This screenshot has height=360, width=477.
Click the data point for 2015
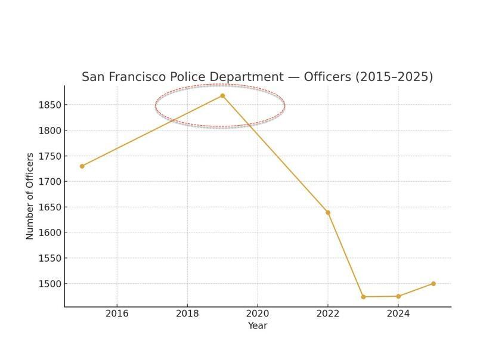coord(82,166)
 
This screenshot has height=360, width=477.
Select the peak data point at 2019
coord(222,95)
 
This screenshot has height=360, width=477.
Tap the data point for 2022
coord(328,213)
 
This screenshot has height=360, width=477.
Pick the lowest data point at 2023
coord(363,297)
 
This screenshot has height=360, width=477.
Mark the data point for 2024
coord(398,296)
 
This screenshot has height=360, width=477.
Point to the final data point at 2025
coord(433,284)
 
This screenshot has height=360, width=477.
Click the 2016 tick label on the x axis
coord(117,314)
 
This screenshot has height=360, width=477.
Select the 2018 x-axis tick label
coord(187,314)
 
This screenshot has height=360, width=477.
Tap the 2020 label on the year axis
coord(258,314)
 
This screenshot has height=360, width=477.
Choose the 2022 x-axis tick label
coord(328,314)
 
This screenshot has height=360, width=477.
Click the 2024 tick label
coord(398,314)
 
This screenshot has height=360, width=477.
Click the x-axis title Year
coord(258,325)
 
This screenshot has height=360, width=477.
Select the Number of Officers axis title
coord(30,196)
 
